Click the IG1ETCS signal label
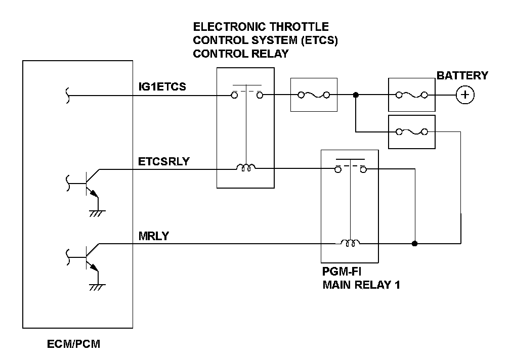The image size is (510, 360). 162,86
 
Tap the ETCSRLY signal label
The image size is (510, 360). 163,162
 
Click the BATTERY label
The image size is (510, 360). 462,76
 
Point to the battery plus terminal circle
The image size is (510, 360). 464,95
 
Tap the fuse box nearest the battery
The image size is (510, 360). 411,95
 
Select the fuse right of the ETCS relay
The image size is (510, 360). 314,95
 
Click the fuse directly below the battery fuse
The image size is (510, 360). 411,132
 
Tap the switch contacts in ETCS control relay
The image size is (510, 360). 246,94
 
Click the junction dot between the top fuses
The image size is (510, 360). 356,95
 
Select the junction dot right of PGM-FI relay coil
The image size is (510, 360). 415,244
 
